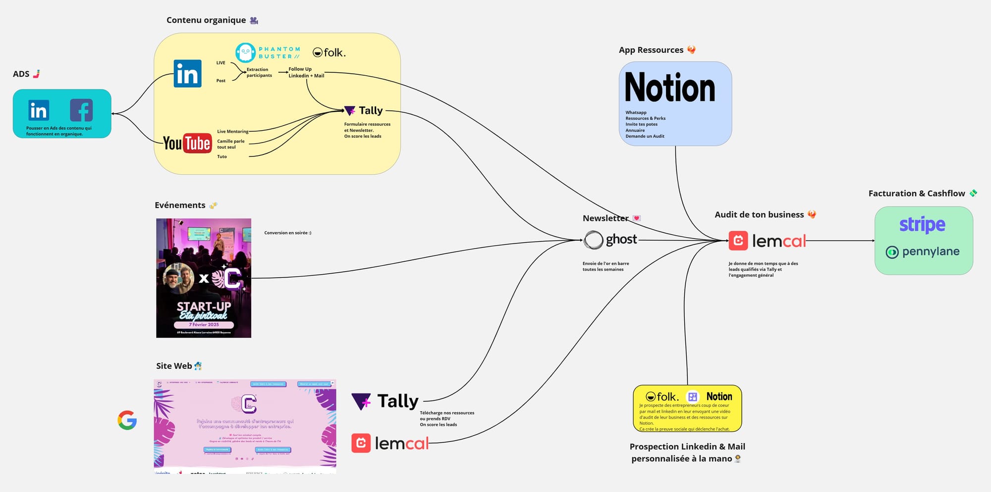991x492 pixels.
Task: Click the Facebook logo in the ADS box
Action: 81,110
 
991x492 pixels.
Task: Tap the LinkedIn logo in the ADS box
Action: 39,110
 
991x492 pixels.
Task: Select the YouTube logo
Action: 187,144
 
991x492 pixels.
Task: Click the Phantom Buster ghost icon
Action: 245,52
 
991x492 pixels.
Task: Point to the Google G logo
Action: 127,420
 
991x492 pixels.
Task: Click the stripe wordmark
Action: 922,225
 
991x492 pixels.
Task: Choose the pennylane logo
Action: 923,251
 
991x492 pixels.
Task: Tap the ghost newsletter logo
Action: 610,240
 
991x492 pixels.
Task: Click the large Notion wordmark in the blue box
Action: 670,88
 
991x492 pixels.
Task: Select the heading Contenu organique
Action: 206,20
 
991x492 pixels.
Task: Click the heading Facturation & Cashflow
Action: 917,194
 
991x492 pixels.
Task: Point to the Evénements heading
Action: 180,205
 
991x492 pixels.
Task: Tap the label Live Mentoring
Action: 232,132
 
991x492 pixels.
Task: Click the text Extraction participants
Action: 259,73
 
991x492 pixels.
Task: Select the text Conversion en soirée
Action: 287,233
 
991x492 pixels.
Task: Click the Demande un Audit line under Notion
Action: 645,136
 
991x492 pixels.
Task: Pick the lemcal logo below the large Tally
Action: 390,443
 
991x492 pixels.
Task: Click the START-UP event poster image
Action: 204,278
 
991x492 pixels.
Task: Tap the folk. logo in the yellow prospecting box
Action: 662,396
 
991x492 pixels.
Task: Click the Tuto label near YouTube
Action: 222,157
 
